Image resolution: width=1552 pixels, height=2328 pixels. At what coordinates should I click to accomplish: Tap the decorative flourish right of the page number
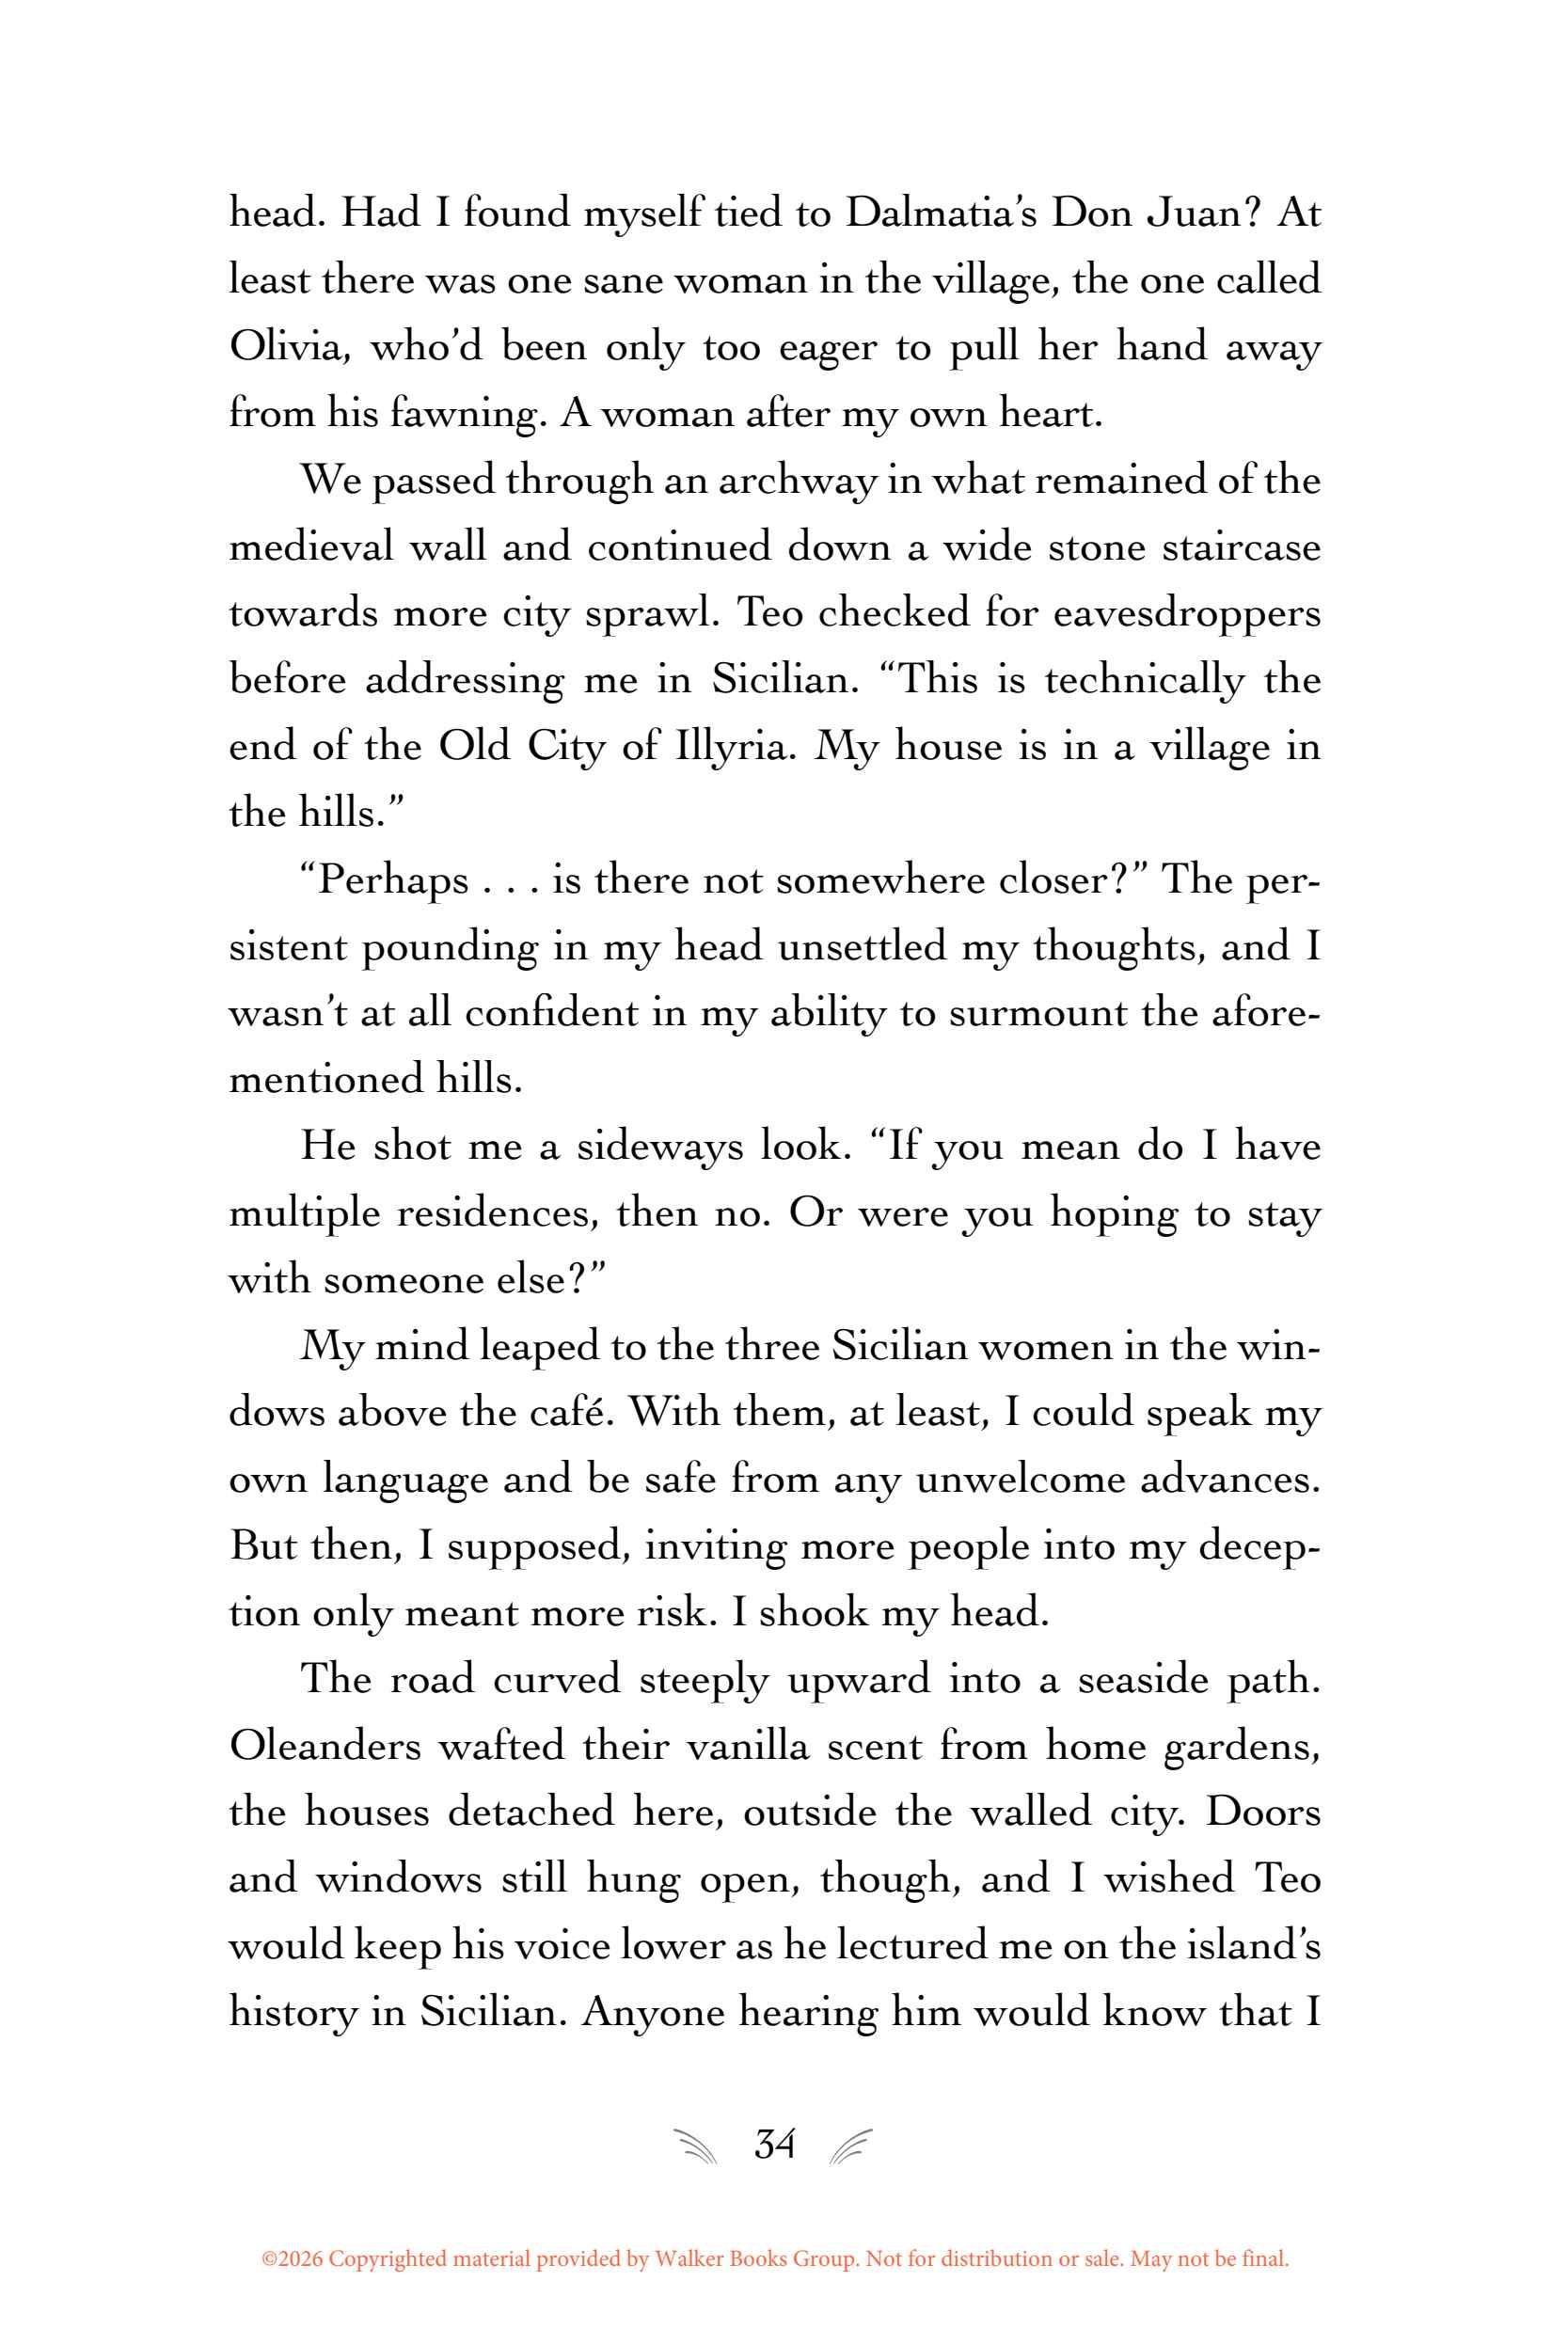pyautogui.click(x=852, y=2145)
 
